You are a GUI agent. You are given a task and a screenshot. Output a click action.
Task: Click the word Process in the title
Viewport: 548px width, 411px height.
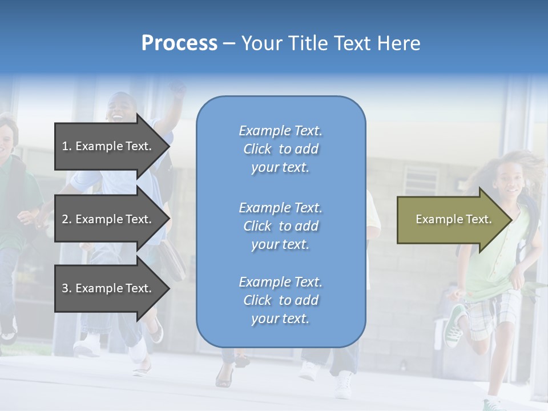179,43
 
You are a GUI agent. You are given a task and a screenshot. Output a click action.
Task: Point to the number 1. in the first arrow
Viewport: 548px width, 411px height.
67,146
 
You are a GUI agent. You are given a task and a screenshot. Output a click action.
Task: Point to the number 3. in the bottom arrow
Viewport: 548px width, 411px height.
67,288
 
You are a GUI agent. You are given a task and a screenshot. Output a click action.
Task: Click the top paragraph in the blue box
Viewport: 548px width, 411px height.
280,149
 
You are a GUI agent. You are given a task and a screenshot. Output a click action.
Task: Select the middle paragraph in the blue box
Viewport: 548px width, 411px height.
280,226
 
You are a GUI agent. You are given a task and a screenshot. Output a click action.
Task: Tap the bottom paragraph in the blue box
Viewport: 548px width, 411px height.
280,300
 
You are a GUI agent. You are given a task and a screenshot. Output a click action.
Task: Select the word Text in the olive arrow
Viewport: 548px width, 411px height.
479,219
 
